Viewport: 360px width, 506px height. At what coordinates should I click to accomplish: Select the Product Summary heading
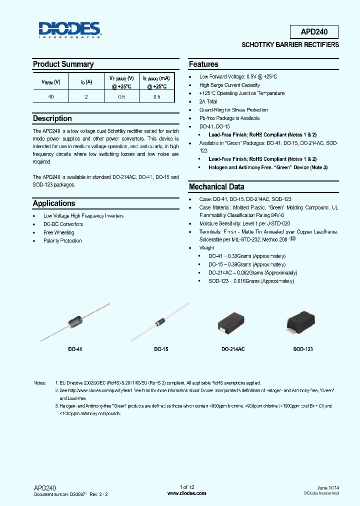point(63,64)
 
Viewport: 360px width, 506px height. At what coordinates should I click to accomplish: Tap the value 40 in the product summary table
point(50,97)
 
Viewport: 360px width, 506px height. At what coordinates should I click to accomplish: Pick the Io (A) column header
point(86,82)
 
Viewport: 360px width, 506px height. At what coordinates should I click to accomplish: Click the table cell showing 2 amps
point(86,97)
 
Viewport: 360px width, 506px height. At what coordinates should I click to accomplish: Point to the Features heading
point(203,64)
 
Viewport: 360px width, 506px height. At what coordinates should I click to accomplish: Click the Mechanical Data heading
point(216,186)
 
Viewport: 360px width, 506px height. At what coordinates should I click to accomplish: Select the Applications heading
point(54,203)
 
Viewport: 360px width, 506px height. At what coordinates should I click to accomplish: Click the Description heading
point(52,118)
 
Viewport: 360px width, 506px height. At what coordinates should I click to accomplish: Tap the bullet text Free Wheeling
point(58,232)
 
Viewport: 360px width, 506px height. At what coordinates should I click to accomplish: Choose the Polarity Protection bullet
point(62,241)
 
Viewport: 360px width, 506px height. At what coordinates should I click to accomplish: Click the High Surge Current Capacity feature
point(229,85)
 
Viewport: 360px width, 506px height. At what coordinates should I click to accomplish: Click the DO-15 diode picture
point(160,322)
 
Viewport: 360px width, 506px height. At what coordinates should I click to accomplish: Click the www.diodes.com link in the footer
point(186,493)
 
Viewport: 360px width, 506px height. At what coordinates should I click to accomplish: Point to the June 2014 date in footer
point(327,487)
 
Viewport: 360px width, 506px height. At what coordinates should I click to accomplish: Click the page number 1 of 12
point(186,487)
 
